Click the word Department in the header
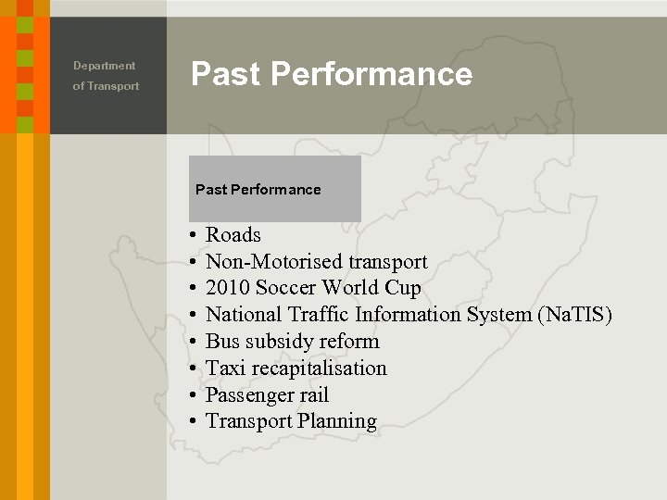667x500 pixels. click(x=104, y=66)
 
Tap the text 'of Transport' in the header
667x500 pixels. click(x=106, y=86)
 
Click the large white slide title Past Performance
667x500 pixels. click(x=332, y=74)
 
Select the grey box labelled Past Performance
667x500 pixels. click(x=274, y=189)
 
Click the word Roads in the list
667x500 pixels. click(x=233, y=235)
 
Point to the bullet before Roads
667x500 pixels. click(x=189, y=236)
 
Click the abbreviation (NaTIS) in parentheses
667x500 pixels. click(x=574, y=315)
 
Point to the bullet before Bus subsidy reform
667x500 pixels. click(x=189, y=343)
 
